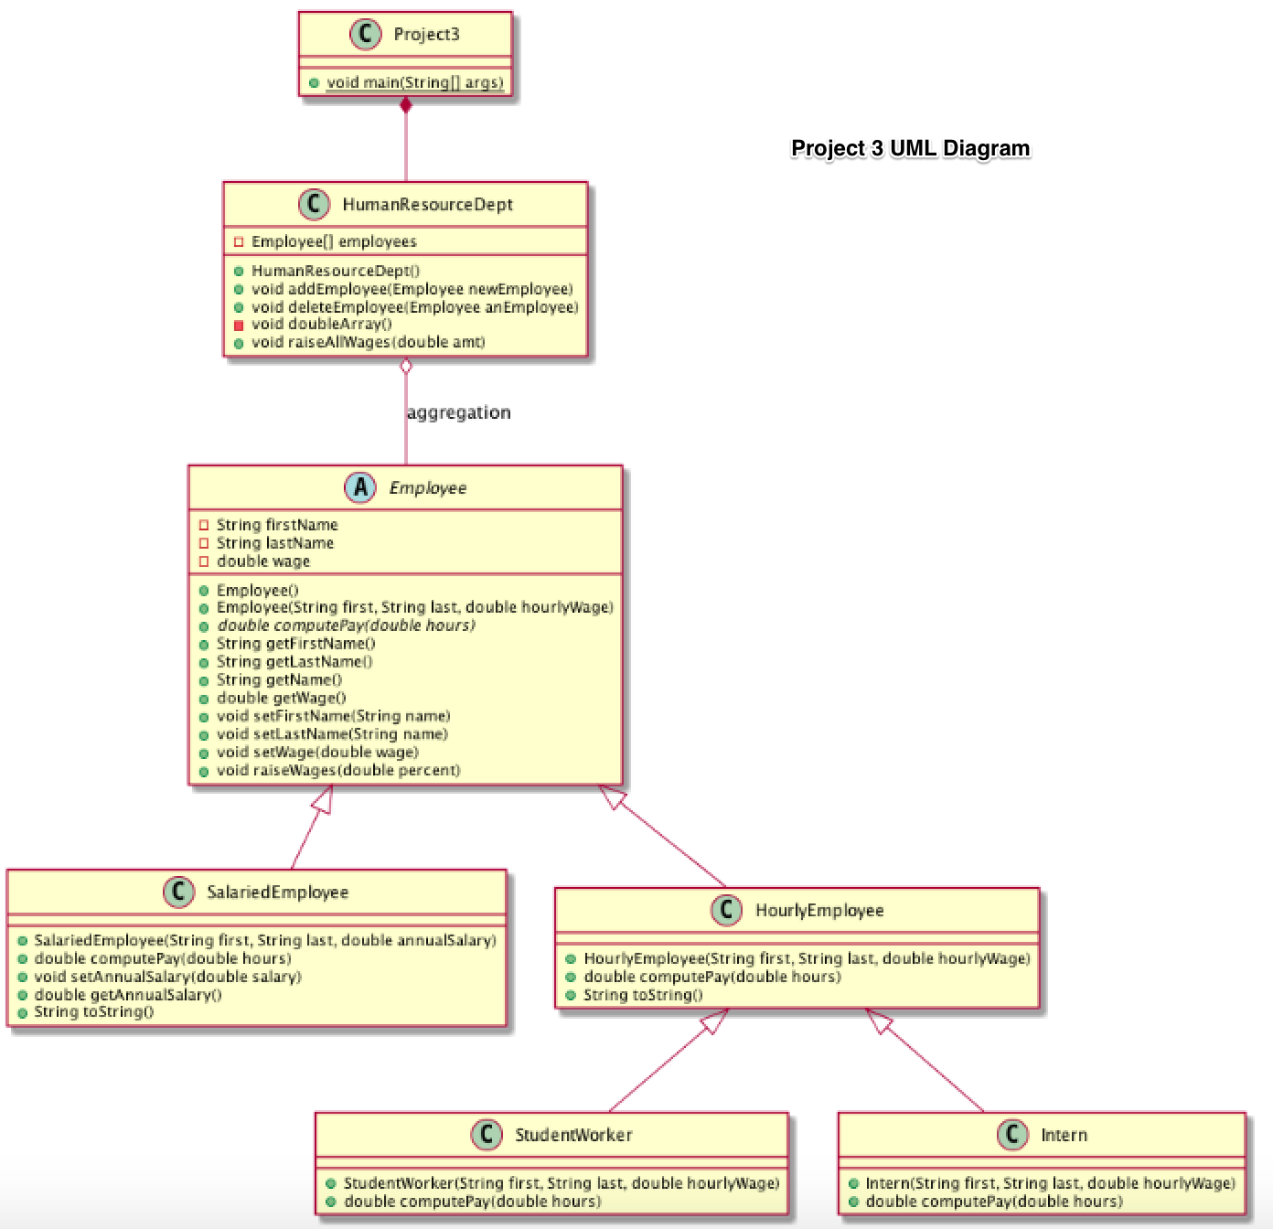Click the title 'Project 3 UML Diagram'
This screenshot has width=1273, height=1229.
(x=910, y=148)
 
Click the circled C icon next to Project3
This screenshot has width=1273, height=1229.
(x=365, y=35)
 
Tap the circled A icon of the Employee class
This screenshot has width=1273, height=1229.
(x=360, y=487)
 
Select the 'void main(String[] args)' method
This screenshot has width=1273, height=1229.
(x=414, y=82)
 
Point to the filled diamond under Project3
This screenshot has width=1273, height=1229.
(x=406, y=105)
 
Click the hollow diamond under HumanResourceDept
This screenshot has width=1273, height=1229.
(x=406, y=367)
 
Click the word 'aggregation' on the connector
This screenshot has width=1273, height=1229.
(x=458, y=412)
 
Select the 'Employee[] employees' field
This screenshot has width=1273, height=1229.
(x=334, y=241)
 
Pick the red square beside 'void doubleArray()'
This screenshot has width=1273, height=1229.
(x=239, y=325)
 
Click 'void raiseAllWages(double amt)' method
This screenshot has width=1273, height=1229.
(x=368, y=342)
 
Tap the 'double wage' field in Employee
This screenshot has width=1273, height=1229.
(x=263, y=561)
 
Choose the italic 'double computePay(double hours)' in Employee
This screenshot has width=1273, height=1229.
(x=346, y=625)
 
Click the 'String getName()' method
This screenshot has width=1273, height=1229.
(x=279, y=679)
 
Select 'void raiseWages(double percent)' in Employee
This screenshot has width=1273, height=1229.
(x=338, y=770)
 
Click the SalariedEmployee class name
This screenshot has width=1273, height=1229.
(x=277, y=892)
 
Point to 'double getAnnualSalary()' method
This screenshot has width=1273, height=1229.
(x=128, y=994)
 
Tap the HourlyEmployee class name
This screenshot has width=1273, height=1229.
(x=819, y=911)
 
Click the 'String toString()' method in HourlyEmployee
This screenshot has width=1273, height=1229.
(x=643, y=995)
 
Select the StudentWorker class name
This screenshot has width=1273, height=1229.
(x=573, y=1135)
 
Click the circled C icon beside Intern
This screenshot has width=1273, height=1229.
(x=1012, y=1135)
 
